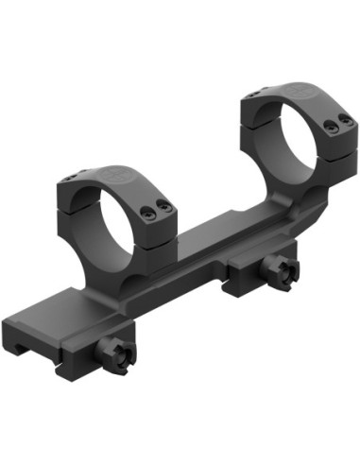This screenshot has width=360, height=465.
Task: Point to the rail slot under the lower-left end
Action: (x=28, y=350)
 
